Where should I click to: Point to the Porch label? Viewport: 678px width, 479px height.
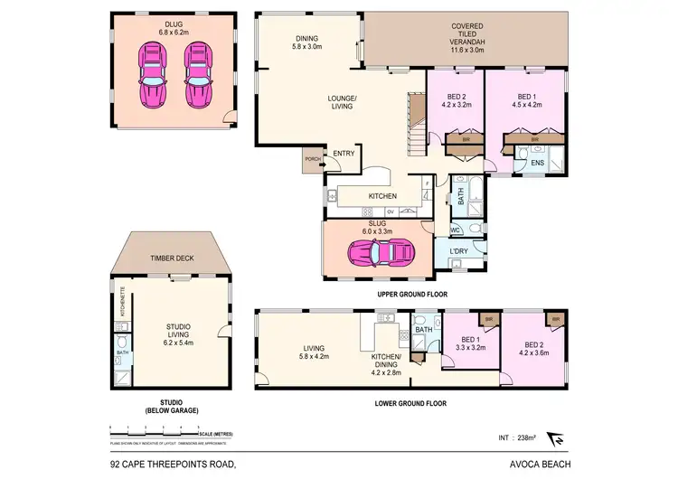(313, 159)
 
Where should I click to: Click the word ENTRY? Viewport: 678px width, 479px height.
(344, 154)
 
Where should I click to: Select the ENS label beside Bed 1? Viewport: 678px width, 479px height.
(536, 163)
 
